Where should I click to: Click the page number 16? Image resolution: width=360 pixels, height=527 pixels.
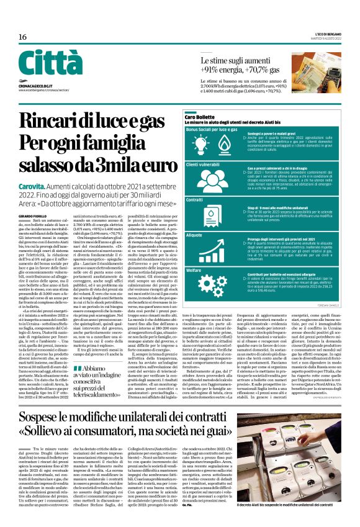coord(22,37)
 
